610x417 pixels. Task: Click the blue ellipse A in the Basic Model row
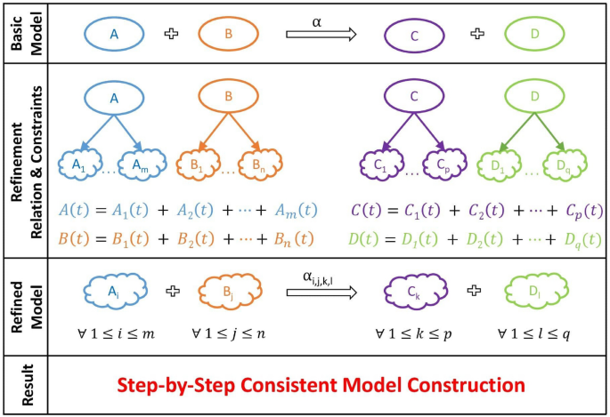point(114,33)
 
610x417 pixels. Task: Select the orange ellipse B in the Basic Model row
point(229,33)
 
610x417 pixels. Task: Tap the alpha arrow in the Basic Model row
point(321,34)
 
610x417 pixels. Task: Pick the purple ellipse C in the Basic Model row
point(414,34)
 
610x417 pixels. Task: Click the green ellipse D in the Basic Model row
point(533,34)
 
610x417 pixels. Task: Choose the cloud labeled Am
point(142,164)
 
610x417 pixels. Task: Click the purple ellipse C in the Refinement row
point(414,97)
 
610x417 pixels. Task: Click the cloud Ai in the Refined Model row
point(114,291)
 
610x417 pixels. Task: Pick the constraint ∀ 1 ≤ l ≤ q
point(534,333)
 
